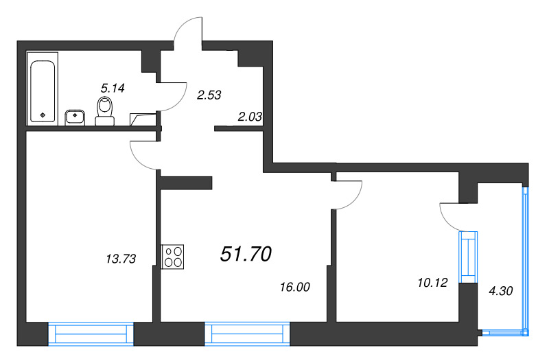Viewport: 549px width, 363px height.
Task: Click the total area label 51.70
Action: click(x=246, y=254)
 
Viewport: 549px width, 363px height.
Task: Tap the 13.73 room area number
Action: click(x=121, y=259)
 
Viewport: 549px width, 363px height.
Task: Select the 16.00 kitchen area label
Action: click(x=295, y=287)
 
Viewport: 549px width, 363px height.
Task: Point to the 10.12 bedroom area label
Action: click(x=432, y=282)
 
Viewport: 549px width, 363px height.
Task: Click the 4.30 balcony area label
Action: click(x=501, y=290)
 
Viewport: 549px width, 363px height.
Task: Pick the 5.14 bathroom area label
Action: click(x=113, y=88)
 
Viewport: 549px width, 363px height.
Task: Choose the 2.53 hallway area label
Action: click(x=209, y=95)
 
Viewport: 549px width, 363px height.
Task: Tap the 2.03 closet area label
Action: click(x=250, y=117)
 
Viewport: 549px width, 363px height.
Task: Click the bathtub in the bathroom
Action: click(x=43, y=89)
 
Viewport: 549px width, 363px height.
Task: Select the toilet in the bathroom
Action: click(x=105, y=111)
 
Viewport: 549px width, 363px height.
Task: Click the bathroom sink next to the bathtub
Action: click(x=75, y=117)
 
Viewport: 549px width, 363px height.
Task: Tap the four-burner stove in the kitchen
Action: click(x=172, y=257)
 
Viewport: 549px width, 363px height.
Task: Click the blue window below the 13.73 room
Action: click(x=91, y=334)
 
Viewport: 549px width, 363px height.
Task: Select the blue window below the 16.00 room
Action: click(x=247, y=334)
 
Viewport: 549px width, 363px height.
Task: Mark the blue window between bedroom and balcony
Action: click(x=469, y=257)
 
